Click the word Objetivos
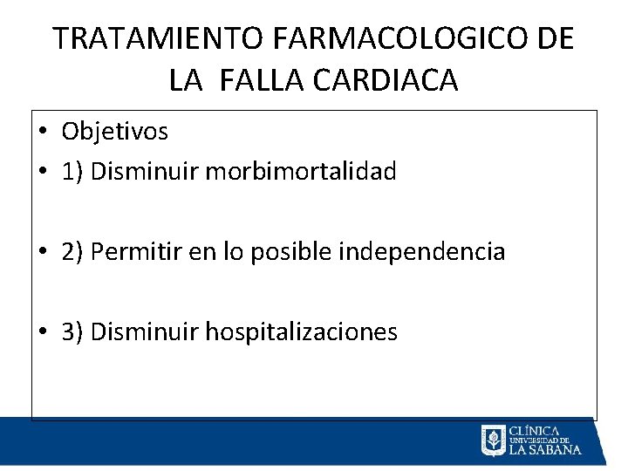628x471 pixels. click(114, 132)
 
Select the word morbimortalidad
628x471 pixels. click(301, 171)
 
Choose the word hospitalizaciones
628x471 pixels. click(301, 331)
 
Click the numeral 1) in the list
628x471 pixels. click(72, 172)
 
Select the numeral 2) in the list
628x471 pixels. click(72, 252)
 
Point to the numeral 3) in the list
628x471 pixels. click(72, 332)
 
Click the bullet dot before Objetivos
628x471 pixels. click(43, 133)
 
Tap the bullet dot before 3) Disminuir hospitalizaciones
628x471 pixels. click(43, 332)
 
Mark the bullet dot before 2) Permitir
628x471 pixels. click(43, 253)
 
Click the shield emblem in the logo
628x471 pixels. click(493, 440)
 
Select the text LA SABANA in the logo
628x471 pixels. click(544, 449)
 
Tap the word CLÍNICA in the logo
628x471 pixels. click(533, 430)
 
